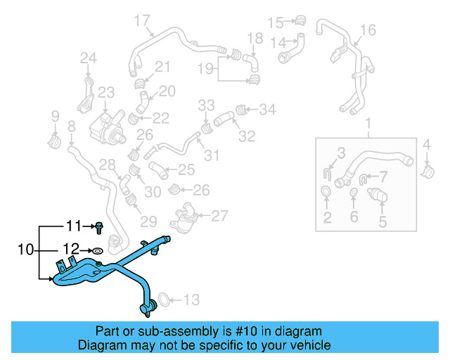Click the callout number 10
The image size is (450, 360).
pos(25,250)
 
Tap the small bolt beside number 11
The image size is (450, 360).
pos(100,226)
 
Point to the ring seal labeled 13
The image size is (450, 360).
pos(160,300)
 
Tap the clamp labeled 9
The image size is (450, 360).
pos(54,139)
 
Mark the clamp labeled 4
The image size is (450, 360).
pos(427,169)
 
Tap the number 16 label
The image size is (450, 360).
pos(368,30)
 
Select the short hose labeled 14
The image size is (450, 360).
pos(289,49)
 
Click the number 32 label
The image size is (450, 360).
pos(246,136)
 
